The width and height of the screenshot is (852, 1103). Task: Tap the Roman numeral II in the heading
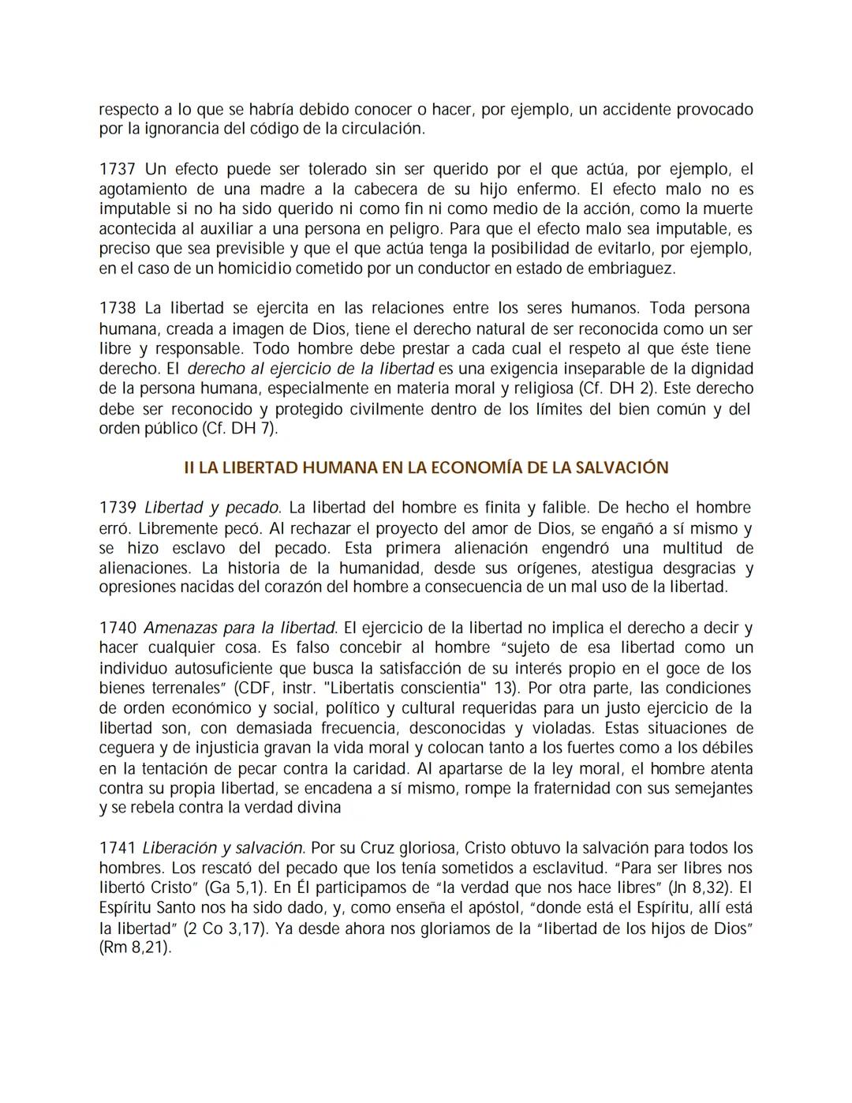click(189, 467)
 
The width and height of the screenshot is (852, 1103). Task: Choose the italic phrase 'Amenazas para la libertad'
click(240, 628)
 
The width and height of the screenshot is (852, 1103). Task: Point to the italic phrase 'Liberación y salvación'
click(223, 848)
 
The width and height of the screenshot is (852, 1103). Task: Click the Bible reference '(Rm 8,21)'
click(134, 947)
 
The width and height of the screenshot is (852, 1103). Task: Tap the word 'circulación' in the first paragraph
click(383, 129)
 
